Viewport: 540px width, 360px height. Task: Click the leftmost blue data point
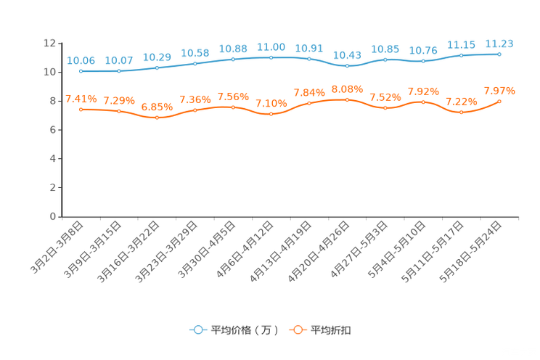click(81, 71)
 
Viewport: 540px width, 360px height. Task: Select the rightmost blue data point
click(499, 54)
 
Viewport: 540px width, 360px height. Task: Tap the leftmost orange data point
click(81, 110)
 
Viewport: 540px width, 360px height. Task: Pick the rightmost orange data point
click(499, 102)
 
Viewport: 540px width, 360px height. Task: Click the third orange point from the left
click(157, 118)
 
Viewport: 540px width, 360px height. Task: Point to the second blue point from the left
click(118, 71)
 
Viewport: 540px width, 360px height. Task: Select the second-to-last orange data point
click(461, 112)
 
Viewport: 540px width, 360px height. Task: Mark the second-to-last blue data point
click(461, 55)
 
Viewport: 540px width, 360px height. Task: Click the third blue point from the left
click(157, 67)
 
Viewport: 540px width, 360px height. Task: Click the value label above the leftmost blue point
click(81, 61)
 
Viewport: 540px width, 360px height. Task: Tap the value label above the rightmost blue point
click(499, 44)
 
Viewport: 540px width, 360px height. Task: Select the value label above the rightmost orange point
click(499, 91)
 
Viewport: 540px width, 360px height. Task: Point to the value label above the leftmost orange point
click(81, 99)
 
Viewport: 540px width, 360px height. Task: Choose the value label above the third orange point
click(157, 107)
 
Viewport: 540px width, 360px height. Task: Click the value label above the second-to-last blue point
click(461, 45)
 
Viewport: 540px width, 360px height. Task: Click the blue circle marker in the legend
click(197, 330)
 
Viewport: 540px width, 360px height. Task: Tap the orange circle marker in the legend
click(297, 330)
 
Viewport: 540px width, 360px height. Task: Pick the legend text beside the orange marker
click(332, 330)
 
